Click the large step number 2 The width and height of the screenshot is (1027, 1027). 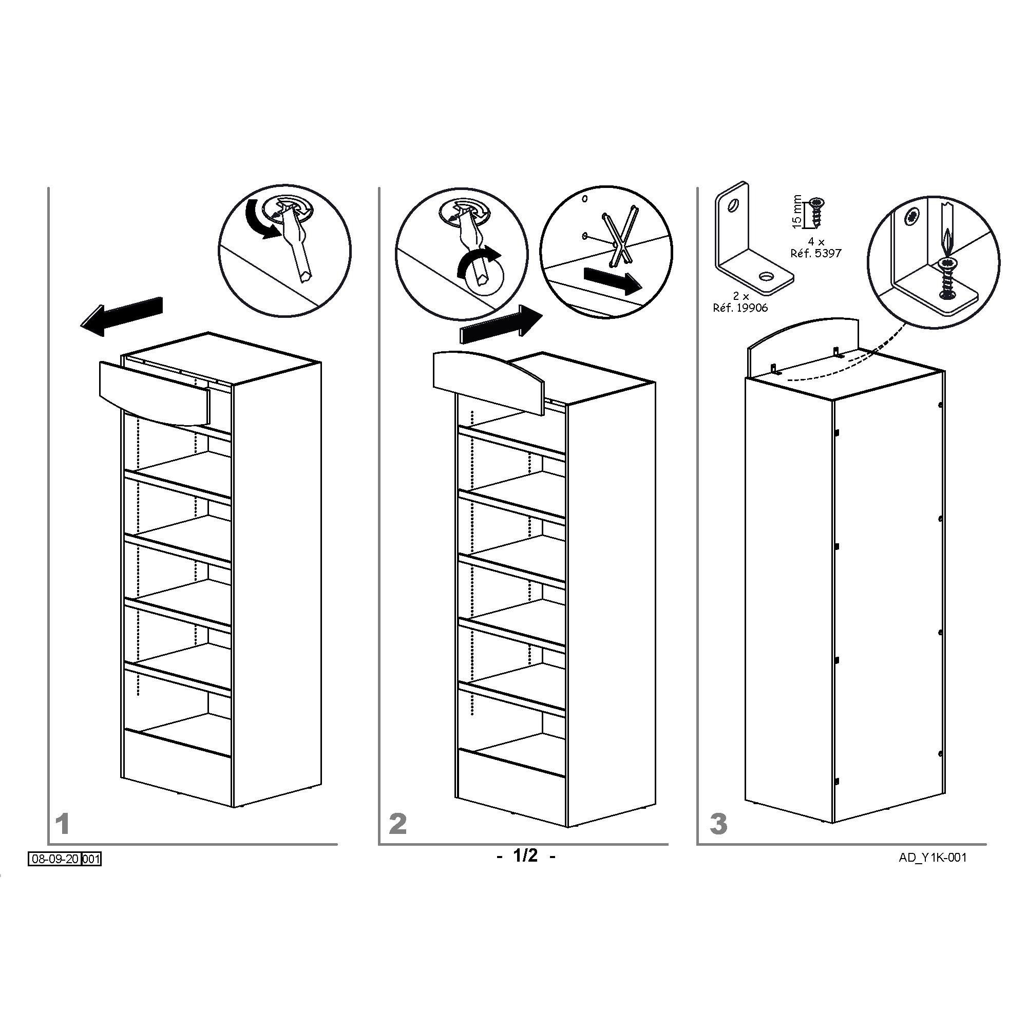pyautogui.click(x=398, y=824)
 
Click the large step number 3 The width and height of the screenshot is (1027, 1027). pyautogui.click(x=718, y=824)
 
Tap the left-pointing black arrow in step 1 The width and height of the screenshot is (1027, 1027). pyautogui.click(x=122, y=316)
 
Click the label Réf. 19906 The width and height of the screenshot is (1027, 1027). pyautogui.click(x=740, y=308)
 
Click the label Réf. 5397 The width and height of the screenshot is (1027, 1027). pyautogui.click(x=816, y=253)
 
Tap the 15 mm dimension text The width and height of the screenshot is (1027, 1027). pyautogui.click(x=796, y=211)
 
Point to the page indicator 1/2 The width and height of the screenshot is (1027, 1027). pyautogui.click(x=526, y=855)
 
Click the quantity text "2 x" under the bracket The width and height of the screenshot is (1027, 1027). pyautogui.click(x=741, y=297)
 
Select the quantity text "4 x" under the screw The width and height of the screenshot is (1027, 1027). pyautogui.click(x=815, y=242)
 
